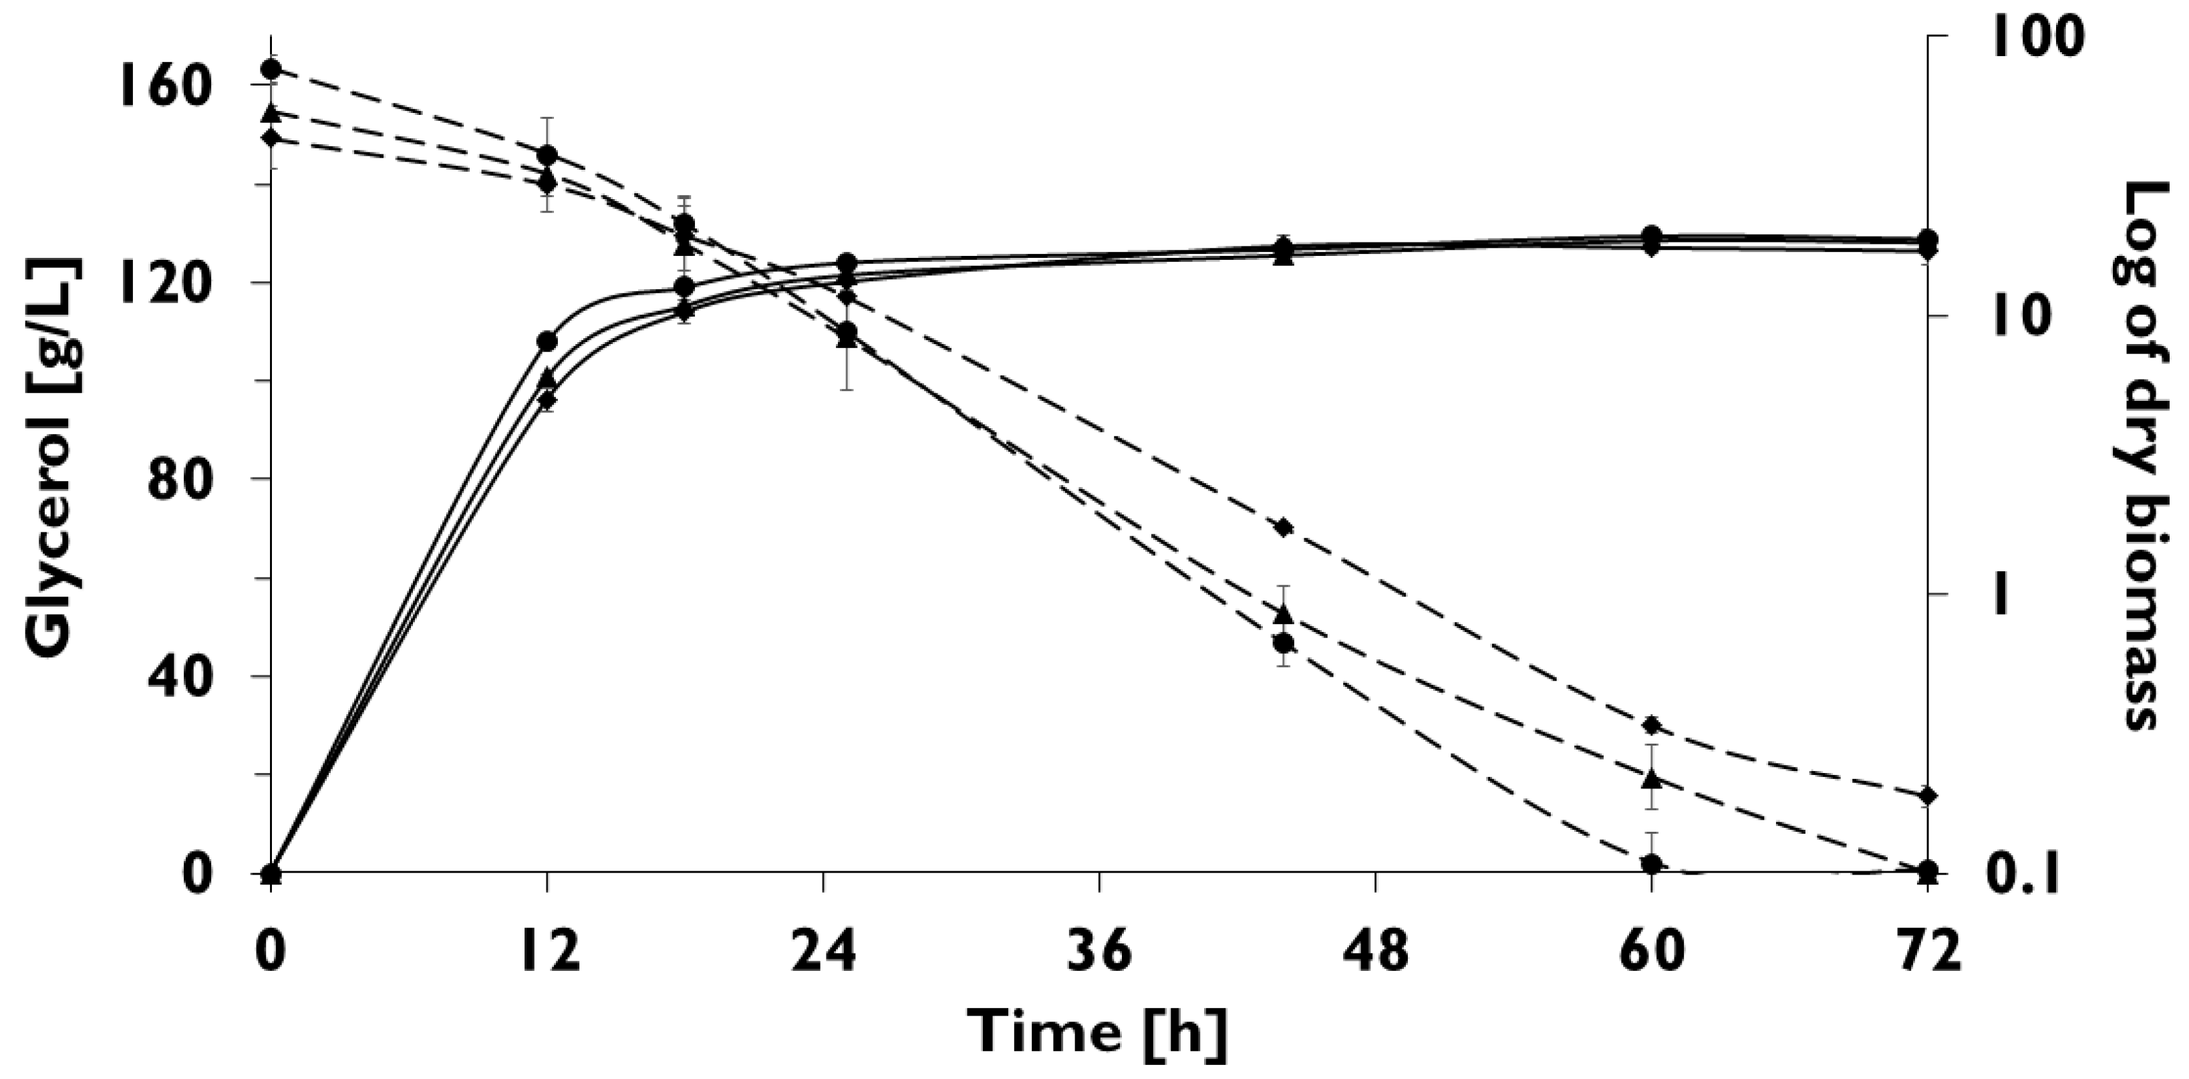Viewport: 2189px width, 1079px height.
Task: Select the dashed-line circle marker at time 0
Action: tap(271, 69)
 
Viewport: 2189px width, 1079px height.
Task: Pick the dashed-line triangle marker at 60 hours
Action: tap(1651, 778)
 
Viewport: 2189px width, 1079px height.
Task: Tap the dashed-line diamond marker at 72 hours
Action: tap(1927, 795)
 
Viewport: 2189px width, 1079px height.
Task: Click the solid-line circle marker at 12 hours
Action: tap(547, 341)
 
